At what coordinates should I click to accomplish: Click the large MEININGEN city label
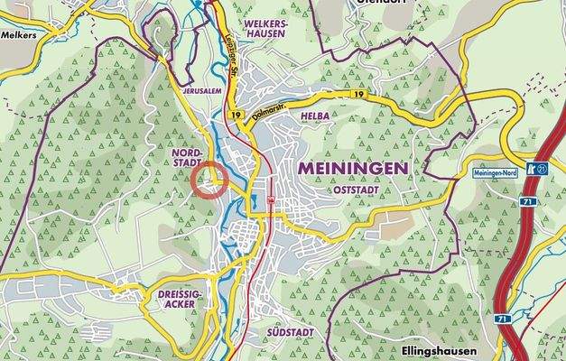(x=348, y=168)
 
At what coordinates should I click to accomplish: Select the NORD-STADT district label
(x=187, y=160)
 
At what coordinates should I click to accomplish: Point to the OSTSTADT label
(x=355, y=190)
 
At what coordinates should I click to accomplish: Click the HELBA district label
(x=317, y=116)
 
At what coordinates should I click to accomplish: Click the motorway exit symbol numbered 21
(x=541, y=169)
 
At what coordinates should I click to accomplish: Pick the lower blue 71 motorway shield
(x=503, y=319)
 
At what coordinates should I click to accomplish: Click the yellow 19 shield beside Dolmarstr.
(x=236, y=116)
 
